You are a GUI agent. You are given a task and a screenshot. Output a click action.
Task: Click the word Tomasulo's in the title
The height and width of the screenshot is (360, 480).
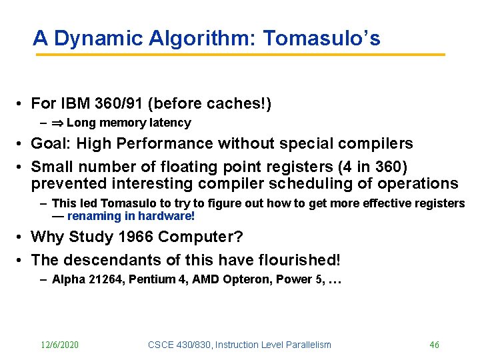pos(322,38)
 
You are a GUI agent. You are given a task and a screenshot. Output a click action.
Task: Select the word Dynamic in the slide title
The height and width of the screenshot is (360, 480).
pos(88,38)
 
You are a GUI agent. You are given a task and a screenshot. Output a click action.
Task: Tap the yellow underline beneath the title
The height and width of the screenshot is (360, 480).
pos(240,55)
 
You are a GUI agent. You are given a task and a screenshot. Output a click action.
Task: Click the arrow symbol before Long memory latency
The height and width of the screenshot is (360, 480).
pos(58,123)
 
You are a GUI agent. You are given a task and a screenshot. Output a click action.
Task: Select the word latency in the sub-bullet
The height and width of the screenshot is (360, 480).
pos(171,123)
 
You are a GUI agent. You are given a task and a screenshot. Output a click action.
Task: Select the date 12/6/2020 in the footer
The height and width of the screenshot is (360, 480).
pos(59,345)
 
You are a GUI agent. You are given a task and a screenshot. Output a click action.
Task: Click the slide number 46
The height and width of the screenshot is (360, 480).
pos(434,345)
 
